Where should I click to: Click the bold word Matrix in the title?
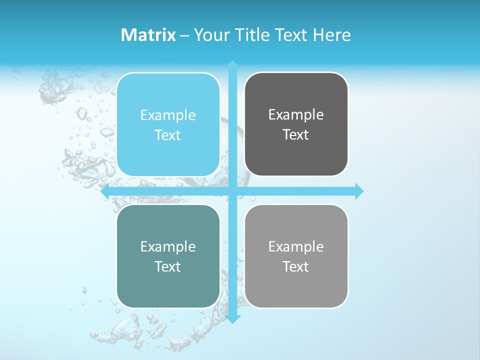coord(148,35)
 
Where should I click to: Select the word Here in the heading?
coord(331,35)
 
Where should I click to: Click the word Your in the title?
coord(211,35)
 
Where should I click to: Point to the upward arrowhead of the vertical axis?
coord(232,64)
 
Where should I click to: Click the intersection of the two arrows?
coord(232,191)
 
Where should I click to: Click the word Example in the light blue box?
coord(168,115)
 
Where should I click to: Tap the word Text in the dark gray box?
coord(296,135)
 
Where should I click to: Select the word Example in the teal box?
coord(168,247)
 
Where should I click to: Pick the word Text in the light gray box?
coord(296,267)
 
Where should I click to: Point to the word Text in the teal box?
coord(168,267)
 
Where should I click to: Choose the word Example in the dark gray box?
coord(296,115)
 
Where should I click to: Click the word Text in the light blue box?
coord(168,135)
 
